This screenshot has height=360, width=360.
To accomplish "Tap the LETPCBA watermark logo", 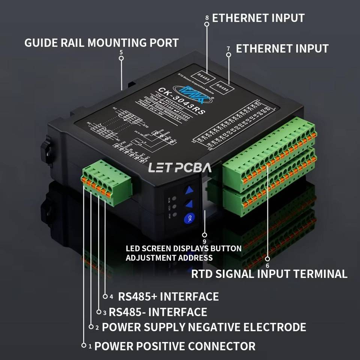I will [180, 167].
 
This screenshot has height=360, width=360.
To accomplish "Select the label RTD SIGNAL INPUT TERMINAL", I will [269, 274].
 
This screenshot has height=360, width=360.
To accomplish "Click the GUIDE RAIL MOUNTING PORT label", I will [101, 42].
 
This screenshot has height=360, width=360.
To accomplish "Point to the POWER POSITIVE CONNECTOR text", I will [175, 346].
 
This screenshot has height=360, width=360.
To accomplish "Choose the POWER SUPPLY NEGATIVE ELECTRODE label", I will [204, 327].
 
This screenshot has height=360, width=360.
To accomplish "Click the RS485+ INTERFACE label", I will [168, 297].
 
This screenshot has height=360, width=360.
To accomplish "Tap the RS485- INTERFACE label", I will [158, 312].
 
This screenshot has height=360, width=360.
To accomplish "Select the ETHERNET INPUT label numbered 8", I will [258, 18].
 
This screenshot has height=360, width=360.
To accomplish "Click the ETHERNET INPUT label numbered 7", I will [282, 48].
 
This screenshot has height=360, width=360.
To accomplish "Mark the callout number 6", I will [267, 265].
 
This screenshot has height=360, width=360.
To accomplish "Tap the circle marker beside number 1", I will [84, 345].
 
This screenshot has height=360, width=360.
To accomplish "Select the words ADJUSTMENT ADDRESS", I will [169, 258].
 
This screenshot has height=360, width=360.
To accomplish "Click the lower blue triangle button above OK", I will [190, 204].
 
